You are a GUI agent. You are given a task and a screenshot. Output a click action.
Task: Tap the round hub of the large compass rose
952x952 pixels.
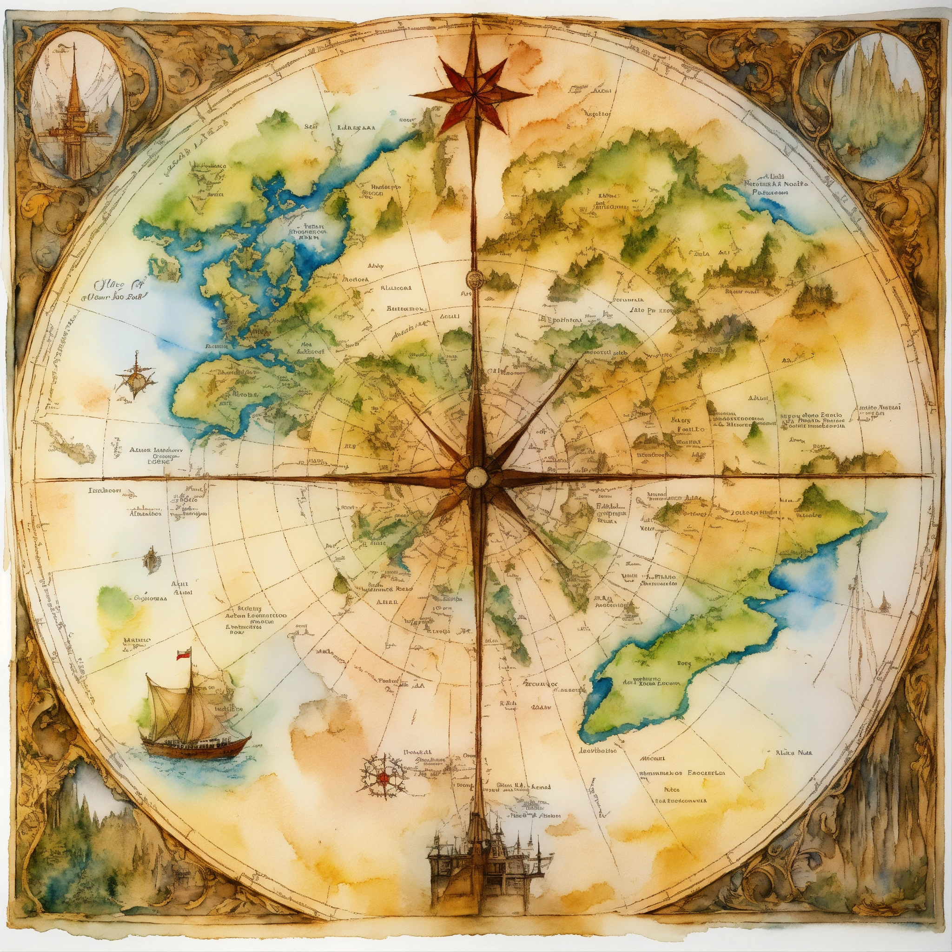tap(476, 476)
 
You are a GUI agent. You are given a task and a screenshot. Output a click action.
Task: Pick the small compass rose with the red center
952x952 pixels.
tap(383, 779)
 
